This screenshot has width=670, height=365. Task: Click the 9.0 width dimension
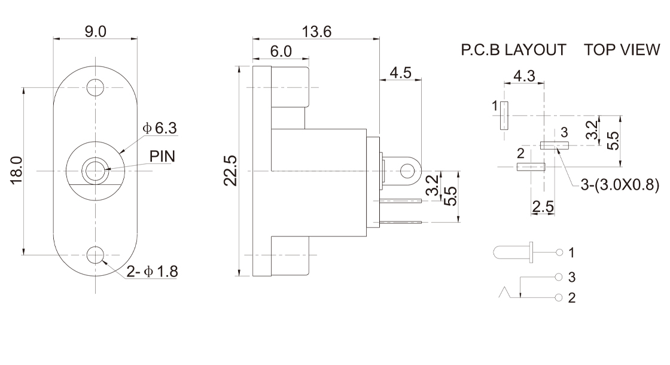point(95,32)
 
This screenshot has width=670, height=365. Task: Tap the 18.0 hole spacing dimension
point(16,170)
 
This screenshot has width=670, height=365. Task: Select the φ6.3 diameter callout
point(160,128)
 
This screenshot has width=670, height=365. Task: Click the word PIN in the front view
point(162,156)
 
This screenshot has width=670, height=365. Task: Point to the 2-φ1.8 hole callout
point(152,272)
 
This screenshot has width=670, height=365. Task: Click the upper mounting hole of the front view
point(95,88)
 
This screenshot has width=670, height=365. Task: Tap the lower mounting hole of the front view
point(95,255)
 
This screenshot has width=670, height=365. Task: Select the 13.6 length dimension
point(316,32)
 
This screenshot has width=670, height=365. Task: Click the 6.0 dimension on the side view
point(281,51)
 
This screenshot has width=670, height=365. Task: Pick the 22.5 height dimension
point(230,171)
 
